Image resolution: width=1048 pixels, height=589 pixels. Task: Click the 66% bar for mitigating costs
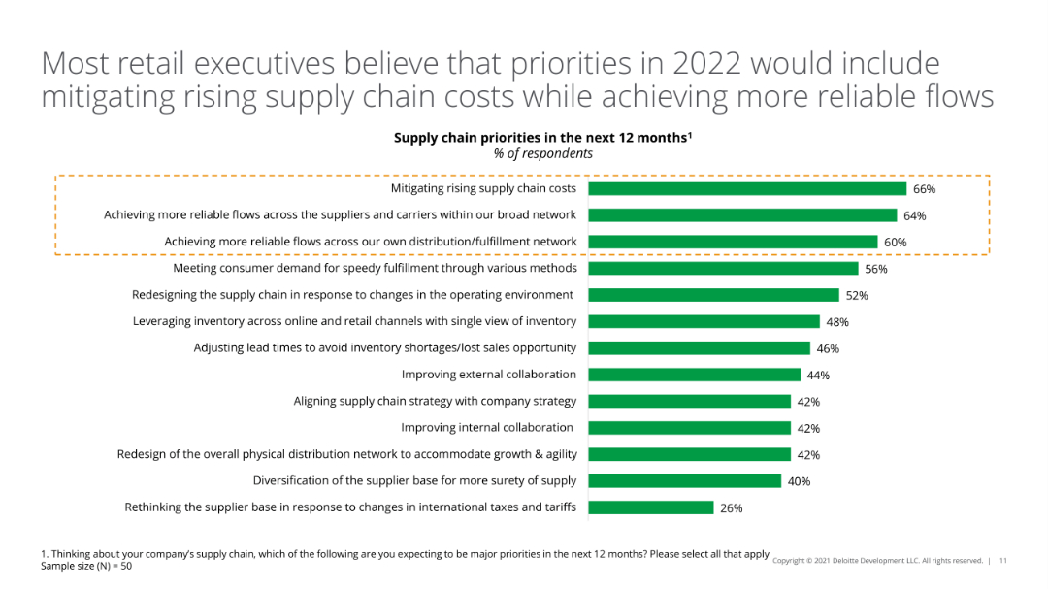747,188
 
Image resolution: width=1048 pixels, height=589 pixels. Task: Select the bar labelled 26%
651,507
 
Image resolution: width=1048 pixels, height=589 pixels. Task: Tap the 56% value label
876,269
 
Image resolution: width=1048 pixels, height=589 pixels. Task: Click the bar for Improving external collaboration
694,375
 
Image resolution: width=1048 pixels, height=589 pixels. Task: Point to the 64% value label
915,215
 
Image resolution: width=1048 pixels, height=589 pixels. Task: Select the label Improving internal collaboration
487,427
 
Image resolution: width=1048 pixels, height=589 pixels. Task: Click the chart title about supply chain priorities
542,138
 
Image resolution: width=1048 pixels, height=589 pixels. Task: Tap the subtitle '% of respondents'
542,153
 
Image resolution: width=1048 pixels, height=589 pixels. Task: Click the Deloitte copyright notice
877,561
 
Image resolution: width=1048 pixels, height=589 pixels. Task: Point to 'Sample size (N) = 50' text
86,566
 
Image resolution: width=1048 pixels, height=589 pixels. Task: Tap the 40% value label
799,481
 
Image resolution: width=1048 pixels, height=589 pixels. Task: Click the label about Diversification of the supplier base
414,480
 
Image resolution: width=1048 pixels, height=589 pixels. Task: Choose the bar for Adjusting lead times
699,347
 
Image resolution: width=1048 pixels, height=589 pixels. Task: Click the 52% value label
857,295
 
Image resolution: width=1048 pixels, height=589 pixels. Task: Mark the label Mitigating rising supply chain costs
483,188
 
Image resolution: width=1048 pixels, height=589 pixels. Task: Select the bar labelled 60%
733,242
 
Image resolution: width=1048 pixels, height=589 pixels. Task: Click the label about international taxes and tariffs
350,507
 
